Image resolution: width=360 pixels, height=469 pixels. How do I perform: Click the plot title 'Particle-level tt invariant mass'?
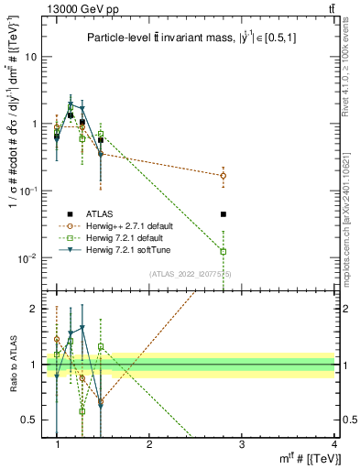coord(193,38)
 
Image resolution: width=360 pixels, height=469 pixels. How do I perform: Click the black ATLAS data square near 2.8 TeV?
coord(224,214)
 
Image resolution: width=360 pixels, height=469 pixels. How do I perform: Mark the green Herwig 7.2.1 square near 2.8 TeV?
coord(224,251)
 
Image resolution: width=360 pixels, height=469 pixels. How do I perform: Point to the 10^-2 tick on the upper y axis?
coord(34,257)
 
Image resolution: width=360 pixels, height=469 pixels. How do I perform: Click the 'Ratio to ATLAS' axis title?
coord(12,364)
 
